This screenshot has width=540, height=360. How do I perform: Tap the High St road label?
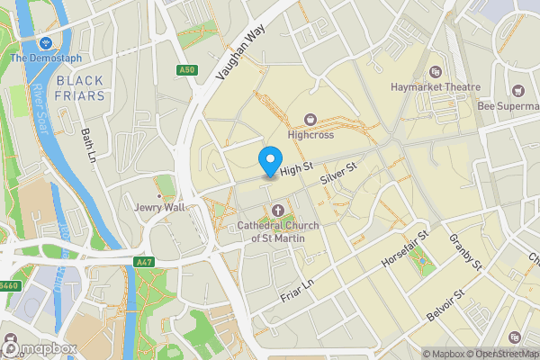coord(295,168)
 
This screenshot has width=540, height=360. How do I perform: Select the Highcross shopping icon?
coord(311,119)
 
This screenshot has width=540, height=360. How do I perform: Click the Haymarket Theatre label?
coord(436,87)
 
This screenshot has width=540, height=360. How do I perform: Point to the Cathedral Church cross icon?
coord(277,211)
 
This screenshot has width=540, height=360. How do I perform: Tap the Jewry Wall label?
coord(159,208)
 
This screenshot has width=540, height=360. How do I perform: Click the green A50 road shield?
coord(186,69)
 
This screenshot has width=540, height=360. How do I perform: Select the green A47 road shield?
coord(143,262)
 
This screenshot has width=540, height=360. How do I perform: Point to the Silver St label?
coord(339,175)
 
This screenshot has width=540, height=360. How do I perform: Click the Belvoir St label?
coord(446,307)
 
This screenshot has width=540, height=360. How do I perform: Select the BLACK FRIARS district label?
coord(80,88)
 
